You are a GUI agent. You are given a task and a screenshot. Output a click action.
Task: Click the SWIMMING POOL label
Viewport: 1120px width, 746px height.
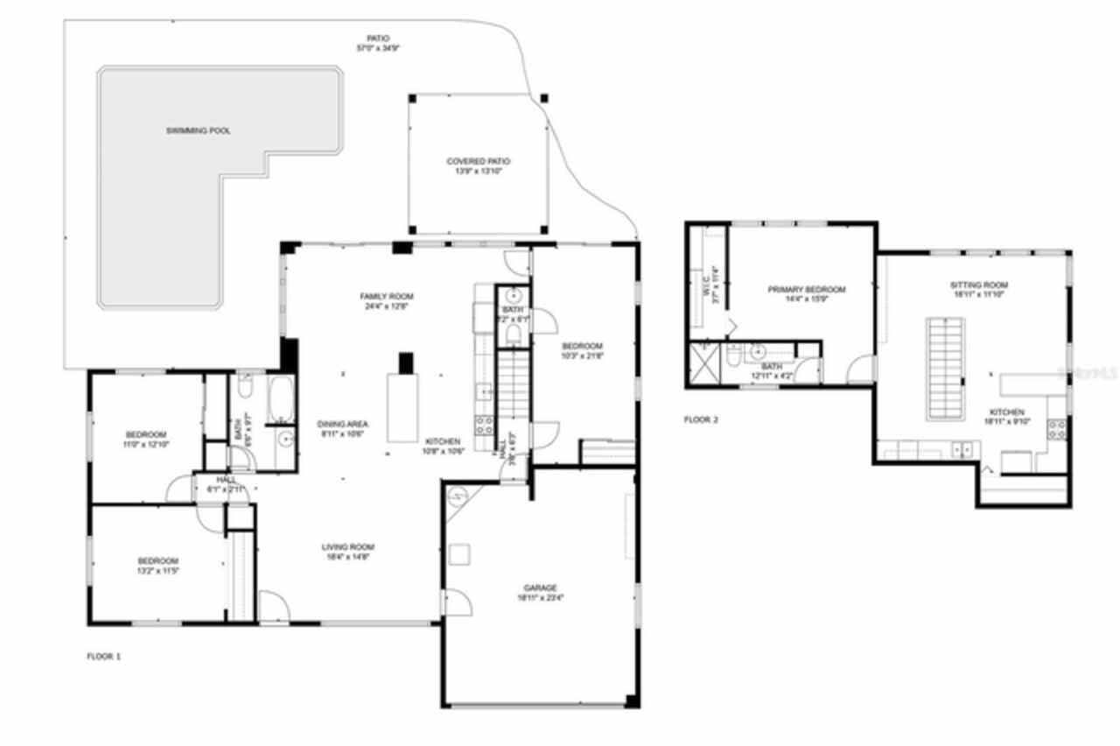[x=199, y=130]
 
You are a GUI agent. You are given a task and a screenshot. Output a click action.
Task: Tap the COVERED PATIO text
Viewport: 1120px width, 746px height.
[x=478, y=161]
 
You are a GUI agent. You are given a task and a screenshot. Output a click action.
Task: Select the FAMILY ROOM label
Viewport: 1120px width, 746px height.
[x=386, y=296]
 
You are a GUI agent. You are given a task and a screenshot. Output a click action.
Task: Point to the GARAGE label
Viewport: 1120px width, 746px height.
[x=540, y=588]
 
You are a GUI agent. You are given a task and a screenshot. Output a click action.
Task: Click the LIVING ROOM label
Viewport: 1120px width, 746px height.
[x=349, y=547]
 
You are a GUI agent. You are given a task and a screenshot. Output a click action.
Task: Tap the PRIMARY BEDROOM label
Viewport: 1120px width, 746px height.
[x=806, y=289]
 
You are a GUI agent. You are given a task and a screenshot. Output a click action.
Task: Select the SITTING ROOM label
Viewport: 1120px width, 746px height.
[x=979, y=285]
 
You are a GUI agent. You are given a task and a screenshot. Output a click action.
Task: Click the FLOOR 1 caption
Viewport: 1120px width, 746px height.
[x=103, y=656]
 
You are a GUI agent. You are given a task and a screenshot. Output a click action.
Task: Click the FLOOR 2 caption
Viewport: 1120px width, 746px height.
[x=700, y=420]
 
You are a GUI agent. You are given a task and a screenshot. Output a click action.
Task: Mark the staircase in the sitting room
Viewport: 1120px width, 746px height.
[x=945, y=368]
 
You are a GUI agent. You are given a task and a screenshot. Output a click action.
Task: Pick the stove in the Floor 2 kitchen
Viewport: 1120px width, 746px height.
[x=1057, y=429]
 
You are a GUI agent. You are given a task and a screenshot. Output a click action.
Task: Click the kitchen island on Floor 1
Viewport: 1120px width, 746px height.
[x=403, y=407]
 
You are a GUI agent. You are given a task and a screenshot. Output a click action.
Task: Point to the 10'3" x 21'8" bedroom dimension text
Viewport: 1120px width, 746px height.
[x=582, y=355]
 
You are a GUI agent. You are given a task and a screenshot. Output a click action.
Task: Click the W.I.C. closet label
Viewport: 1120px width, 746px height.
[x=714, y=285]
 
